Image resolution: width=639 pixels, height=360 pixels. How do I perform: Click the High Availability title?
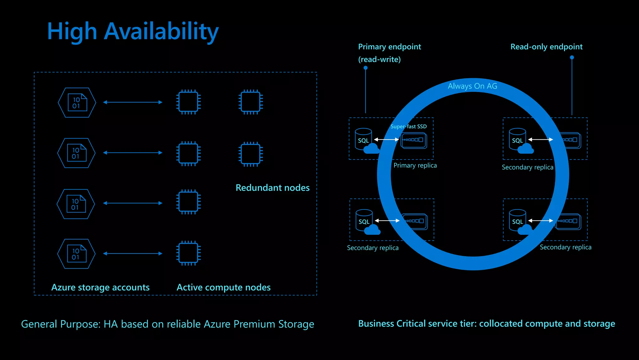[133, 32]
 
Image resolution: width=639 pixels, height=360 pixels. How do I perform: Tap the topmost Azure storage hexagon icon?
[77, 102]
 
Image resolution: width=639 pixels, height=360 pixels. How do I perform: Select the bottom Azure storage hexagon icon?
[76, 254]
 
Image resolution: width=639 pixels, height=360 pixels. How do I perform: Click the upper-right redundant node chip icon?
[251, 102]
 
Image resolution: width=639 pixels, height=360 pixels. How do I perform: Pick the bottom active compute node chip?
[188, 253]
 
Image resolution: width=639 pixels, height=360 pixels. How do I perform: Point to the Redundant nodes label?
[272, 188]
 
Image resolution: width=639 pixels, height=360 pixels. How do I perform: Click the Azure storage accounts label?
[100, 287]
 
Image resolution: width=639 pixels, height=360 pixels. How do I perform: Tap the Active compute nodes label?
[223, 287]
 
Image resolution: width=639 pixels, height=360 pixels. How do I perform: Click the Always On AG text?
[472, 86]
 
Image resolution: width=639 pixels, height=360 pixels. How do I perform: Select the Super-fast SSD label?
[408, 126]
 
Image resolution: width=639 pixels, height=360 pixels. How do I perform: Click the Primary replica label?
[415, 165]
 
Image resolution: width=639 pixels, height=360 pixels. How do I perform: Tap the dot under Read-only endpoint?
[572, 57]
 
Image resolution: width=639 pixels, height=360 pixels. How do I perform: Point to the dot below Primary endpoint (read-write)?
[366, 68]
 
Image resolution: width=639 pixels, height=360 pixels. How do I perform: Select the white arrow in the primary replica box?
[387, 140]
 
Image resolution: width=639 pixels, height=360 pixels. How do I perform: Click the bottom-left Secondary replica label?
[373, 248]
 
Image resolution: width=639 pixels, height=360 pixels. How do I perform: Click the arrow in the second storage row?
[133, 153]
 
